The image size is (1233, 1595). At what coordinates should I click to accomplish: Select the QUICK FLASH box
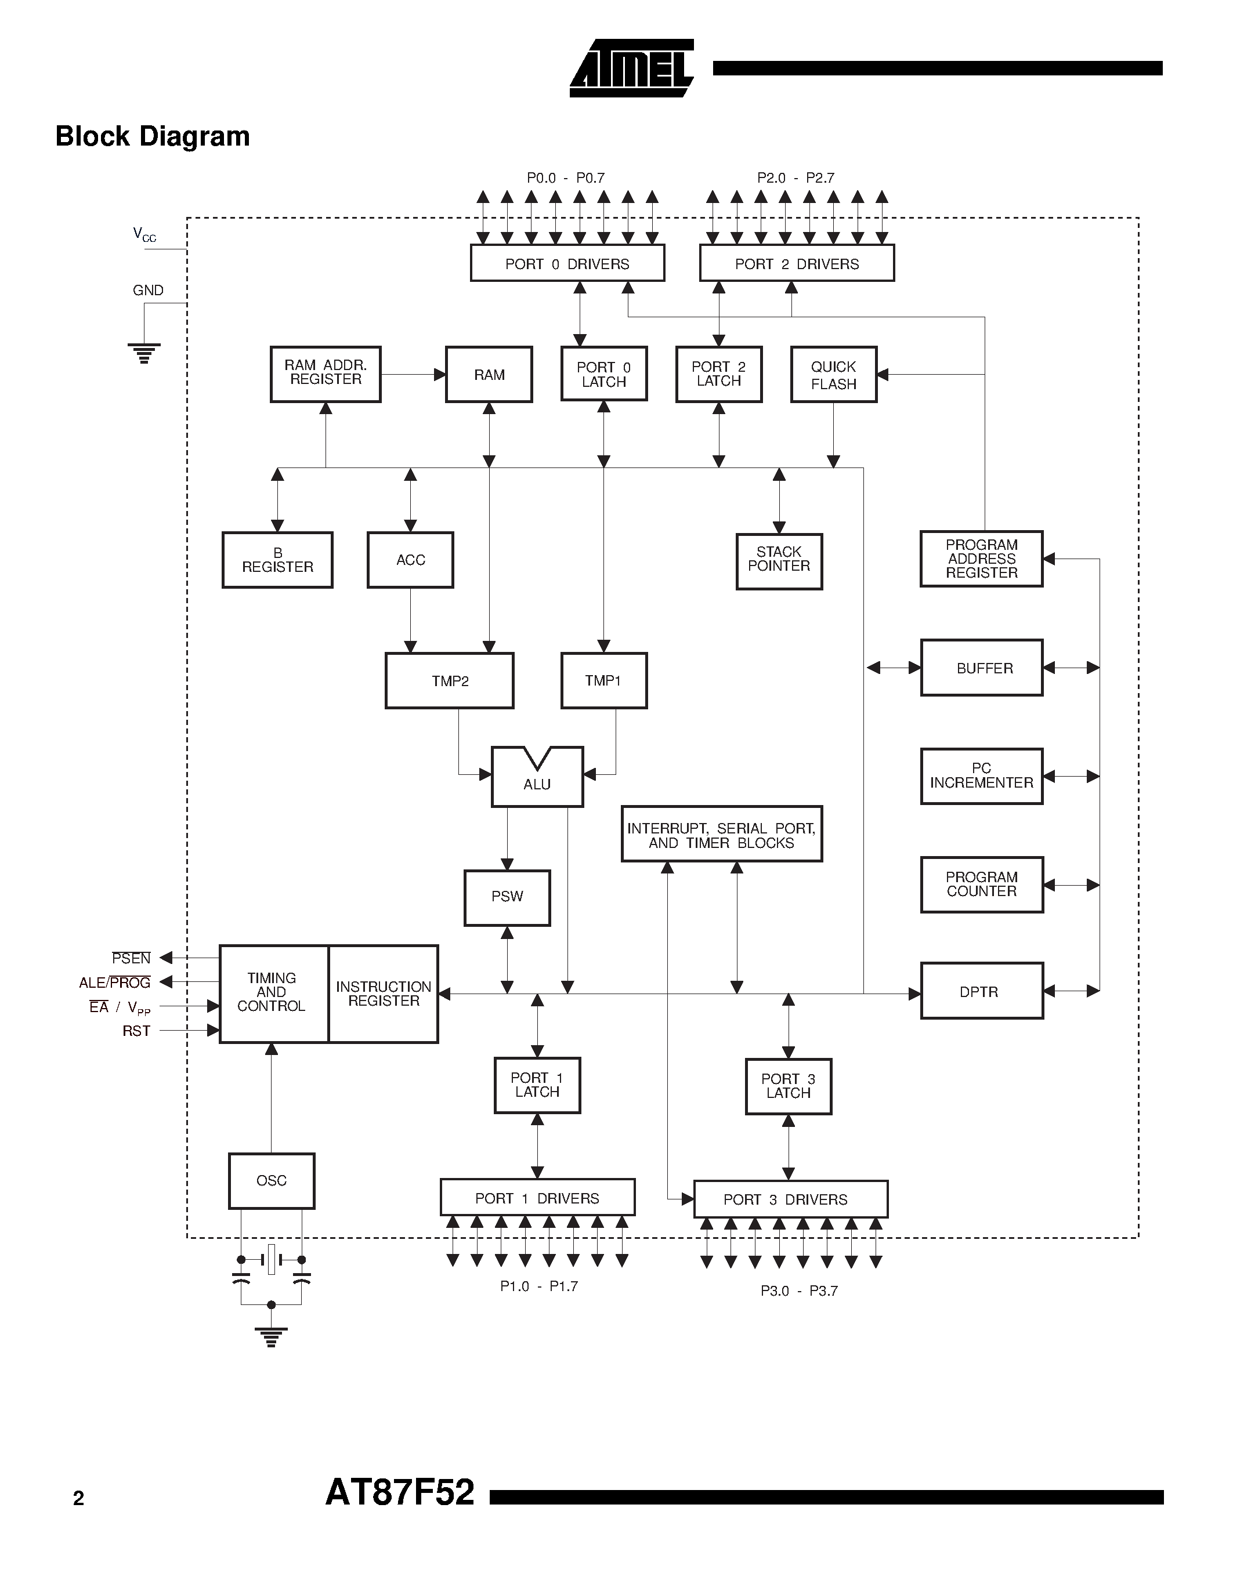click(833, 375)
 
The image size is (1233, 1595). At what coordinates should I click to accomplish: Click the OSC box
click(271, 1181)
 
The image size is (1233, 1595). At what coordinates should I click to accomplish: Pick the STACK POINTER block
click(779, 561)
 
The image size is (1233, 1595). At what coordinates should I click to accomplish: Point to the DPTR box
click(981, 991)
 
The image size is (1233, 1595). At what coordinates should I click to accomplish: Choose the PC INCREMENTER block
click(981, 776)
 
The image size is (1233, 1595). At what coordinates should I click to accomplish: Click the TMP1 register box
click(603, 681)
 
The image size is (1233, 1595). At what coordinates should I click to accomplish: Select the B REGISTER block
click(277, 560)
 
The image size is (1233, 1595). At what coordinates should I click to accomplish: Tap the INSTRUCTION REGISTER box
click(384, 994)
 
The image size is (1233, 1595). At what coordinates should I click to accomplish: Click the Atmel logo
click(631, 68)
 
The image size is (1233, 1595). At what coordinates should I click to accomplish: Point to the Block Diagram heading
click(153, 136)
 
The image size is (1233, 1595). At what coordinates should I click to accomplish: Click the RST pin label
click(136, 1031)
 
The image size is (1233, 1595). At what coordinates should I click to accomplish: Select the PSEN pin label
click(132, 958)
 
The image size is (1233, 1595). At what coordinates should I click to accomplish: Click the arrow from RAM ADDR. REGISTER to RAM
click(413, 375)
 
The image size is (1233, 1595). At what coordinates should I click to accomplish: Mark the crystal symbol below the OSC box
click(271, 1259)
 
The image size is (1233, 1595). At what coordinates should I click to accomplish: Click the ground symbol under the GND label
click(144, 353)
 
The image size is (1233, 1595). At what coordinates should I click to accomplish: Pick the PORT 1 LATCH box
click(537, 1085)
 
